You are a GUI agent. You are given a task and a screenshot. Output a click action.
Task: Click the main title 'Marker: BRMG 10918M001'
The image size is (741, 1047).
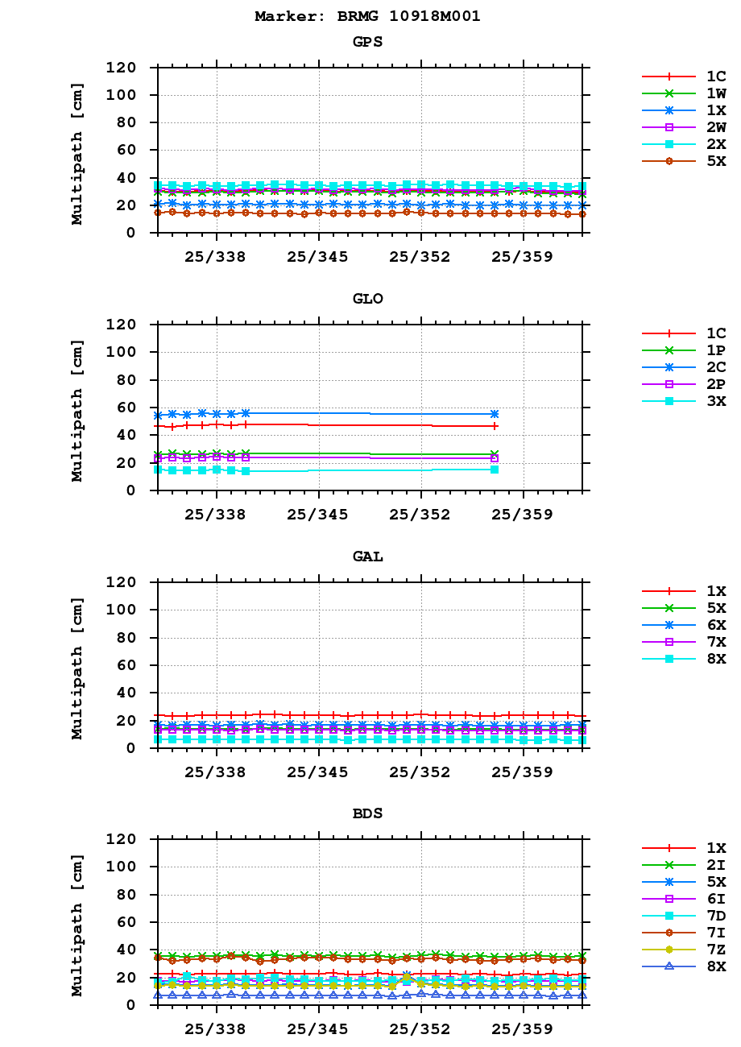367,16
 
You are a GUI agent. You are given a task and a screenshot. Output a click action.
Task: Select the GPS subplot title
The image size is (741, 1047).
367,42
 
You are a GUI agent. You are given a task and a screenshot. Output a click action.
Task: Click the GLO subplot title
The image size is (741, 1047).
367,299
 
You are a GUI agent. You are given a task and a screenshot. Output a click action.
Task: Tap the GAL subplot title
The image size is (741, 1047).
367,557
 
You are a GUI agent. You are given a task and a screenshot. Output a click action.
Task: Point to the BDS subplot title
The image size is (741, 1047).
367,813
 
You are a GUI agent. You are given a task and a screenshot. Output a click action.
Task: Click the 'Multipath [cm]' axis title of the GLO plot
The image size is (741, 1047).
77,408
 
